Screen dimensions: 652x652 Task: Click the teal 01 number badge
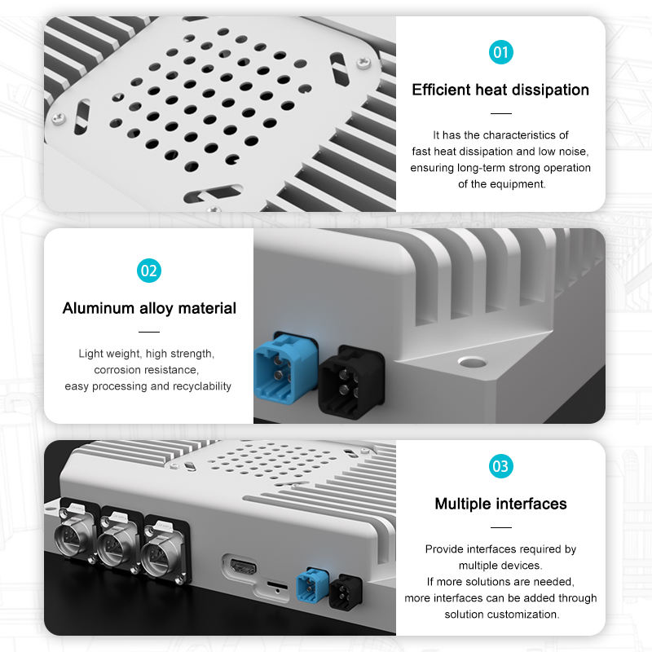(500, 52)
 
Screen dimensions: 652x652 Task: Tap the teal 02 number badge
(149, 271)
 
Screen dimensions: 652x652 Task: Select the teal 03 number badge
(500, 466)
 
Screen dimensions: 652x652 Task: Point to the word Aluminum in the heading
(98, 308)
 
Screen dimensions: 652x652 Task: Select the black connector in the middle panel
(350, 382)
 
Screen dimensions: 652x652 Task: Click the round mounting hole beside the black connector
(473, 362)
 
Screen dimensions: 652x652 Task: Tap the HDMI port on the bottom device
(243, 566)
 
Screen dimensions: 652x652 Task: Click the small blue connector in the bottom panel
(312, 584)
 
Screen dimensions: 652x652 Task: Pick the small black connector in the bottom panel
(345, 593)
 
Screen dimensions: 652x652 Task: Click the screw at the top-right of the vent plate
(363, 63)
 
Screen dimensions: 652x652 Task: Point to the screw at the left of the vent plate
(58, 118)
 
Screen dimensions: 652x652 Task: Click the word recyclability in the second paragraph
(201, 386)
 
